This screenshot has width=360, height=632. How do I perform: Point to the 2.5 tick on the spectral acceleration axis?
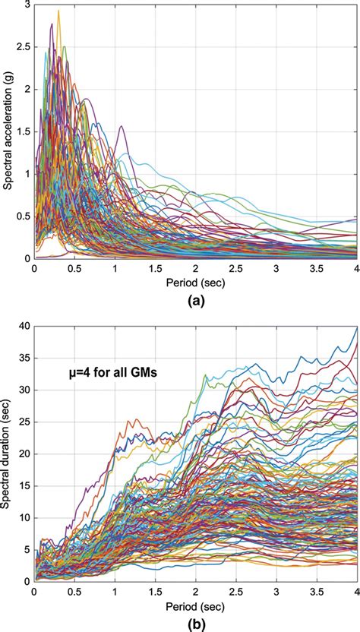(25, 47)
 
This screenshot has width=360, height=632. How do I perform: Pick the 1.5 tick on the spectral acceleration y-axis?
(25, 131)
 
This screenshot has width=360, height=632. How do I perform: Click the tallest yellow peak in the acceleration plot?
(58, 11)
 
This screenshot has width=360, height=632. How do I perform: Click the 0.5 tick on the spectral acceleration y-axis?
(25, 216)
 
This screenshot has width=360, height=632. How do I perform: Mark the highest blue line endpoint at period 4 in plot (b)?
(355, 329)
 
